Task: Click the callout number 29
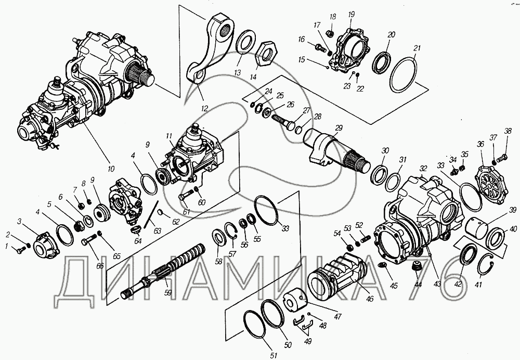[x=339, y=128]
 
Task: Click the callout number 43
[x=437, y=284]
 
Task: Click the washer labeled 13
[x=245, y=44]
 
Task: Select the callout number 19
[x=352, y=14]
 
